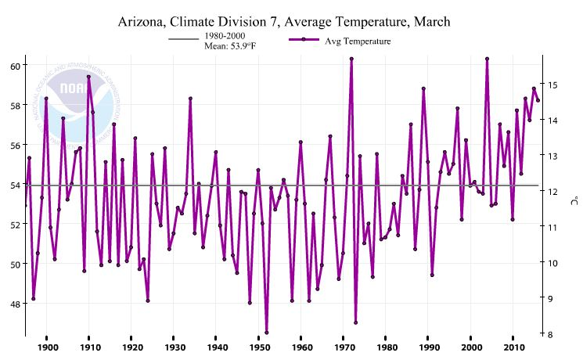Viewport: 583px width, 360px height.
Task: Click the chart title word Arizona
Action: click(145, 20)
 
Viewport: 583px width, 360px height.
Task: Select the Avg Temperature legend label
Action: click(358, 41)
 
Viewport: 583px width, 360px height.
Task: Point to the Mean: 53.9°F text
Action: click(231, 46)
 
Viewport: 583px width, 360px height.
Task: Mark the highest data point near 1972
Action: click(352, 59)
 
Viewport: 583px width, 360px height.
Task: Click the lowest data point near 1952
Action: click(267, 333)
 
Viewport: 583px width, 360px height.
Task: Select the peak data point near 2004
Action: click(488, 59)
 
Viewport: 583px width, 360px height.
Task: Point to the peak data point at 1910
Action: click(88, 77)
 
